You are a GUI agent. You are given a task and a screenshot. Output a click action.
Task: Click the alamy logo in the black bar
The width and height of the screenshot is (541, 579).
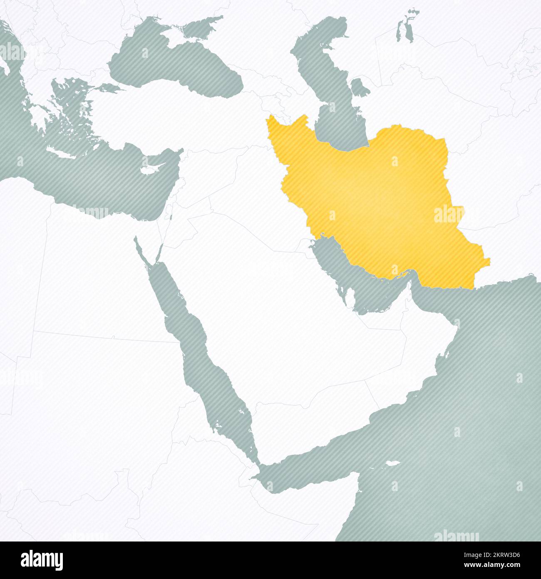point(42,560)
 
